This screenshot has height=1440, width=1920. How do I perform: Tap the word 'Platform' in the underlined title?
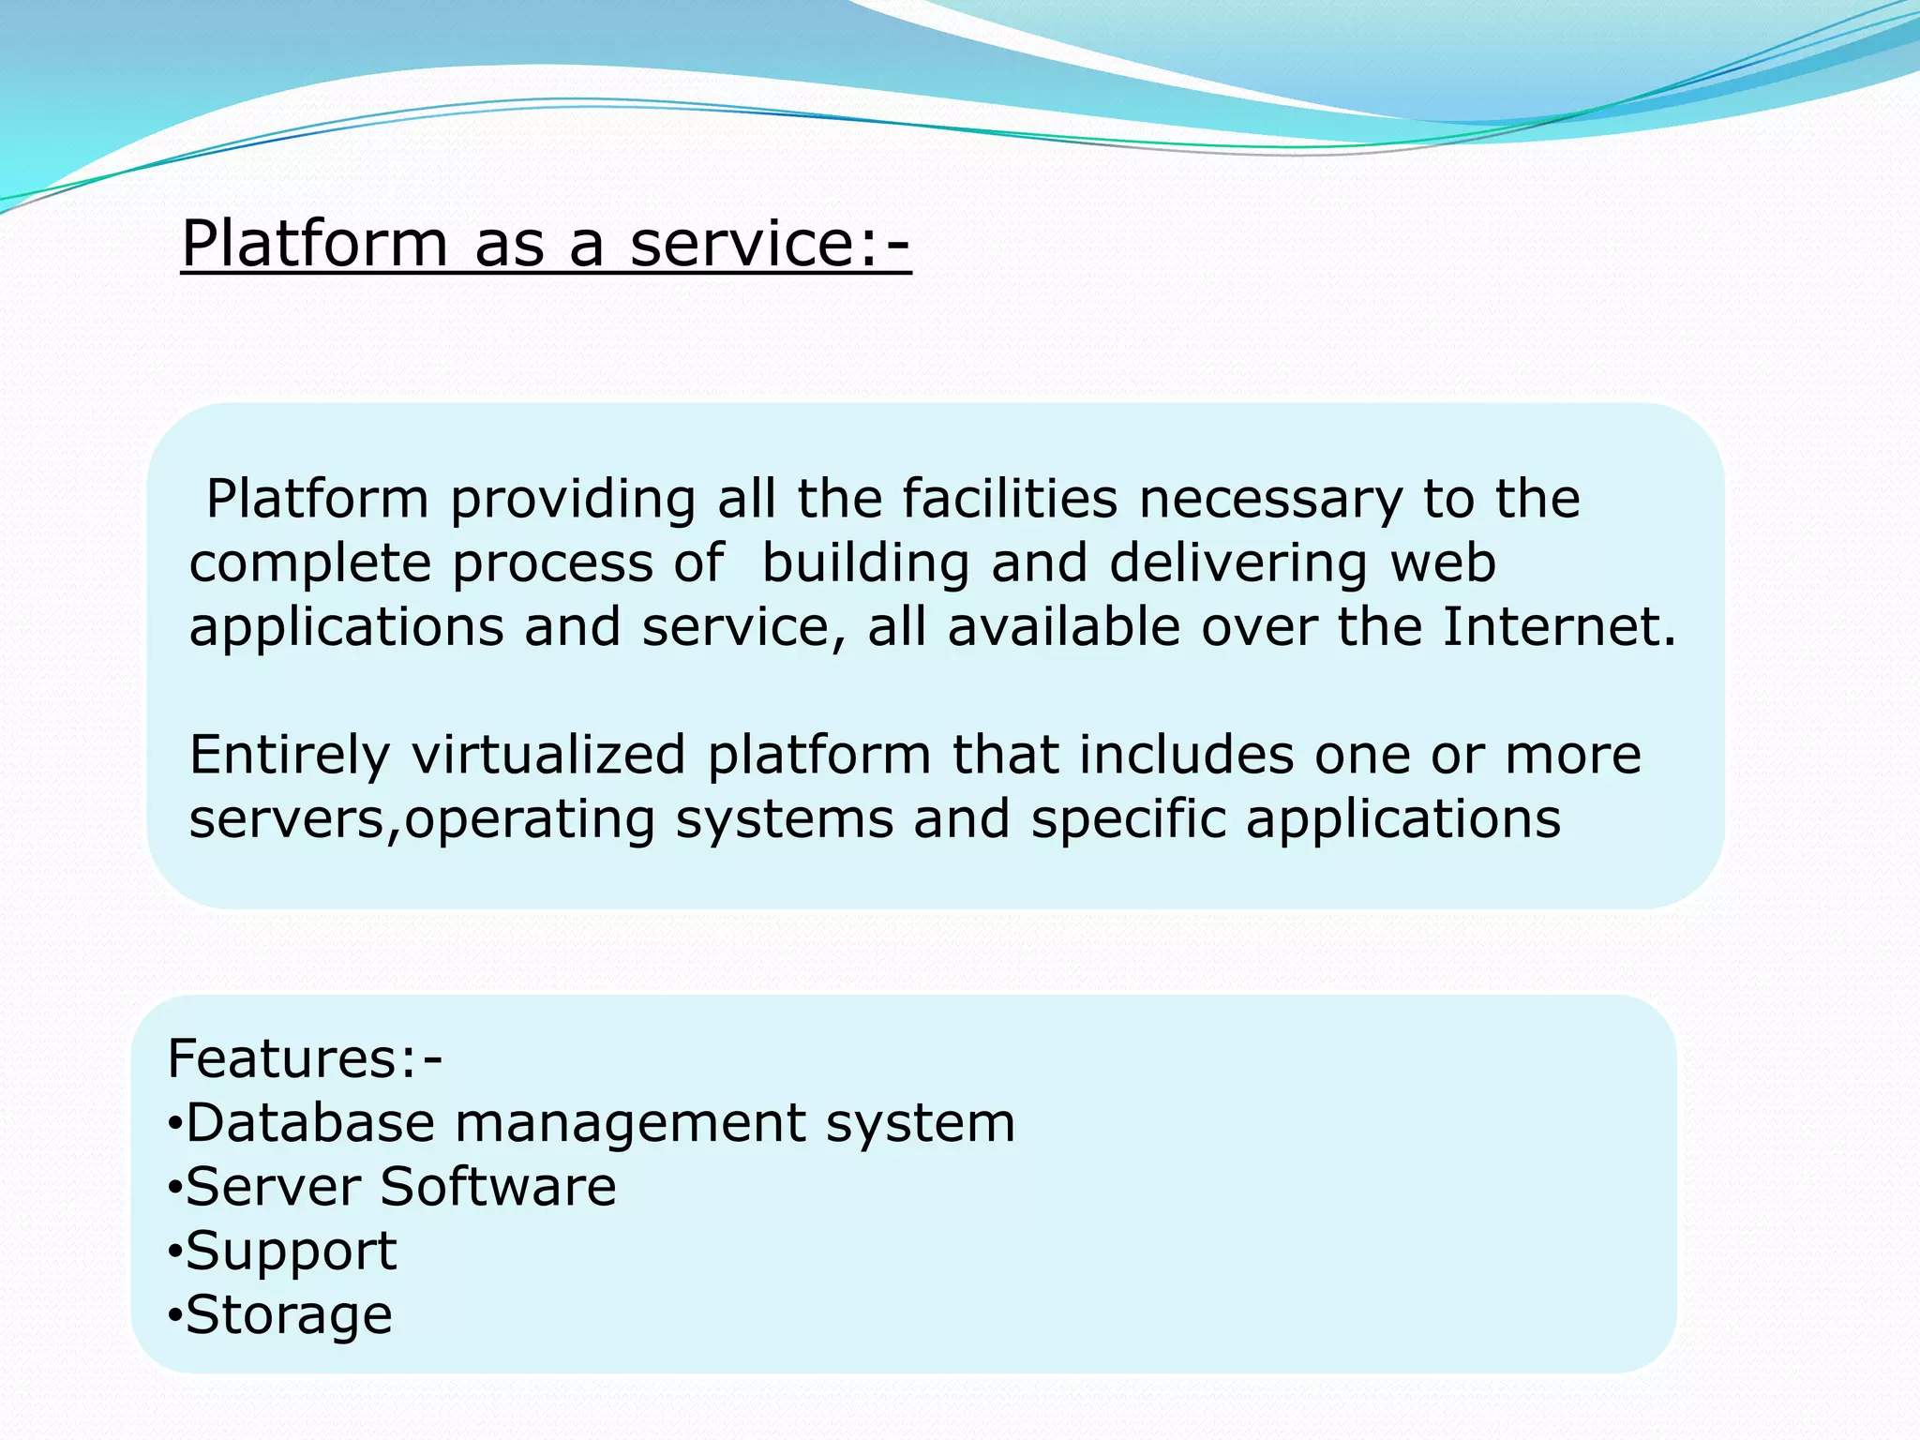pyautogui.click(x=315, y=244)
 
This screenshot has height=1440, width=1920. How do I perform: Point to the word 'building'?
pyautogui.click(x=864, y=563)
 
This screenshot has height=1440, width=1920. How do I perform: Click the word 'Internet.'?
pyautogui.click(x=1558, y=626)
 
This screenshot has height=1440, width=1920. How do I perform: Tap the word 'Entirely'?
pyautogui.click(x=289, y=756)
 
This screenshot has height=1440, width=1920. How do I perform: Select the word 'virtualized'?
pyautogui.click(x=548, y=755)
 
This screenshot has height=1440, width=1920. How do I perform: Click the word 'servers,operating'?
pyautogui.click(x=422, y=819)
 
